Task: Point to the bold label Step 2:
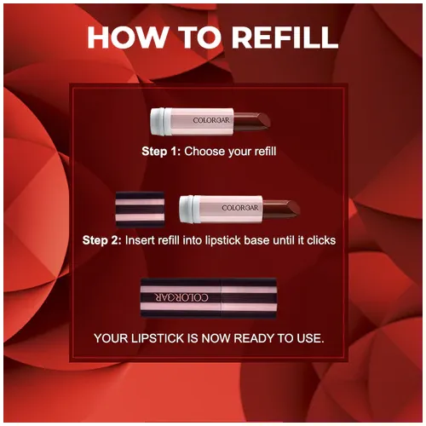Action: click(102, 240)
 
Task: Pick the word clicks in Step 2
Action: click(318, 240)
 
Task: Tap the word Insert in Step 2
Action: click(142, 240)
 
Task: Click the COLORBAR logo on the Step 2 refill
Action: click(239, 208)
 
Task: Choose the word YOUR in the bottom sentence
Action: click(112, 338)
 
